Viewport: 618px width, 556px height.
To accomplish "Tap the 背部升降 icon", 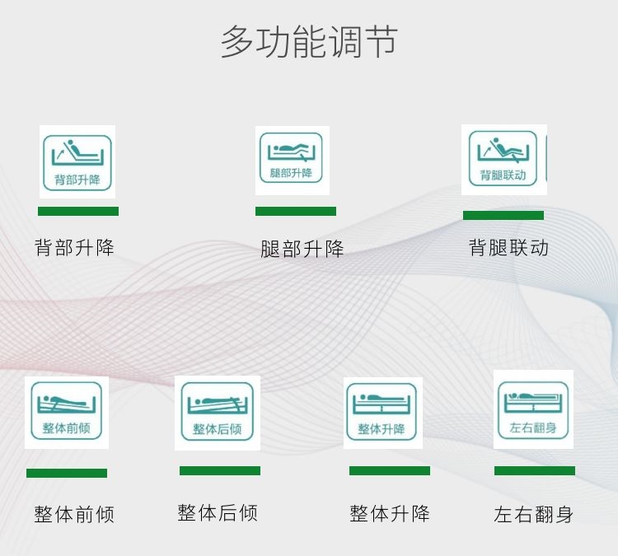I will coord(77,161).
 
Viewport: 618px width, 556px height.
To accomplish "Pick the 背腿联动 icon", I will coord(503,159).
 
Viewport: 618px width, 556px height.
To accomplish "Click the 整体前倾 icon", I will coord(67,412).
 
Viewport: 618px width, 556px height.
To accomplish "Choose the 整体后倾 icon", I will coord(218,412).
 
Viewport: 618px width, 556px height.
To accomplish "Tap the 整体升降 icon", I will coord(382,412).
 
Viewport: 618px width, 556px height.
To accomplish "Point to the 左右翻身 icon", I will coord(533,409).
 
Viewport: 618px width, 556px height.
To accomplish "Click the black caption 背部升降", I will coord(75,247).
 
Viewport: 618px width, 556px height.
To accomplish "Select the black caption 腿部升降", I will coord(302,249).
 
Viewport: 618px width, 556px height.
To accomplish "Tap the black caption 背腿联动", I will coord(508,247).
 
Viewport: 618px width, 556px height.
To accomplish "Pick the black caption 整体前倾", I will coord(74,515).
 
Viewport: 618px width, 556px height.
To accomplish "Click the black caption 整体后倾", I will coord(218,512).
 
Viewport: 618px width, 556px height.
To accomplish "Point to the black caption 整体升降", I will coord(390,514).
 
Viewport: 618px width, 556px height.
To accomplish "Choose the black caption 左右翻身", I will coord(533,515).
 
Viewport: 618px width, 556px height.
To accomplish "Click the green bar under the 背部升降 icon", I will coord(78,211).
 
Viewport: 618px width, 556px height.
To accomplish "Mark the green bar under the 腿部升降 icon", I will coord(296,211).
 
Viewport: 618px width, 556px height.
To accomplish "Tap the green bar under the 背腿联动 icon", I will coord(503,215).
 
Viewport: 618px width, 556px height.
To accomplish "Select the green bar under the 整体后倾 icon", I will coord(220,470).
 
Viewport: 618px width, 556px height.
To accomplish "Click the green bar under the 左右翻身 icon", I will coord(535,470).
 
